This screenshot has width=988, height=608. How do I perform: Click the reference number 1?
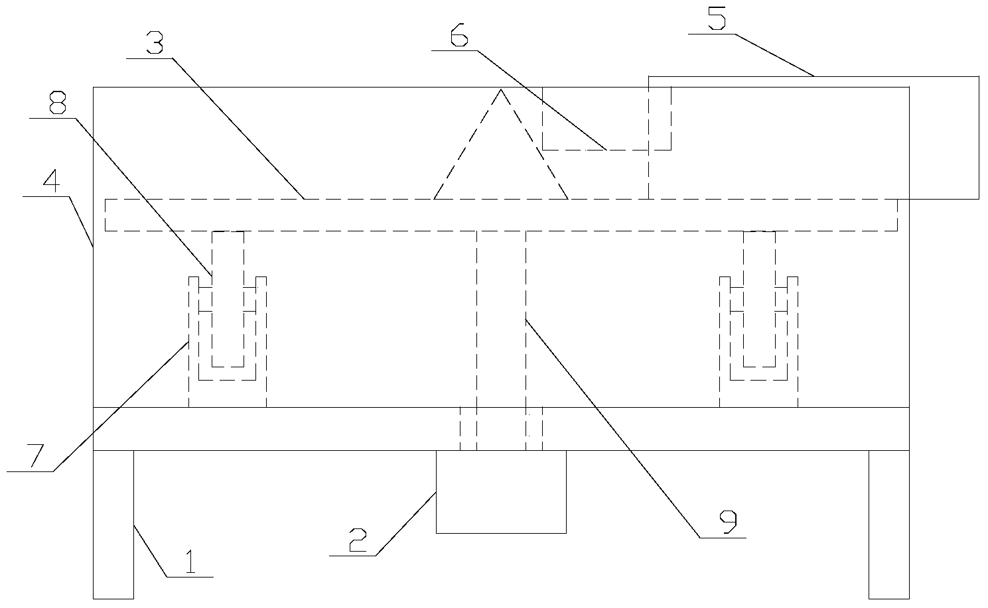click(190, 561)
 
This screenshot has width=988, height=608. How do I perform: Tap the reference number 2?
click(358, 540)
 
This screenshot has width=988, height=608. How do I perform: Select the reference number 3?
click(155, 42)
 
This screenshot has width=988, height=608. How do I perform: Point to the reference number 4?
click(52, 180)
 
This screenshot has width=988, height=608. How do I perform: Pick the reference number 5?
click(717, 18)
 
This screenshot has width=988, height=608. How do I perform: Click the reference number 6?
click(459, 34)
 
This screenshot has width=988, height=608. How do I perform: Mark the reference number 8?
click(58, 102)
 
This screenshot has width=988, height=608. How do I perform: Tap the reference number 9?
click(728, 522)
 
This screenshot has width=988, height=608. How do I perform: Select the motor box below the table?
click(501, 492)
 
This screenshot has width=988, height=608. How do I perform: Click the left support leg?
click(113, 524)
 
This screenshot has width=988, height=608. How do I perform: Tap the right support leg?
click(888, 524)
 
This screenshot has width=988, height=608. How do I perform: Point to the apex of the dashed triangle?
click(500, 90)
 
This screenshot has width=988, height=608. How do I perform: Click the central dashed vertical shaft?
click(501, 340)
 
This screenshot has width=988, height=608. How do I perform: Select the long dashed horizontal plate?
click(501, 215)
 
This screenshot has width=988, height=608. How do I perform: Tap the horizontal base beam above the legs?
click(501, 429)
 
